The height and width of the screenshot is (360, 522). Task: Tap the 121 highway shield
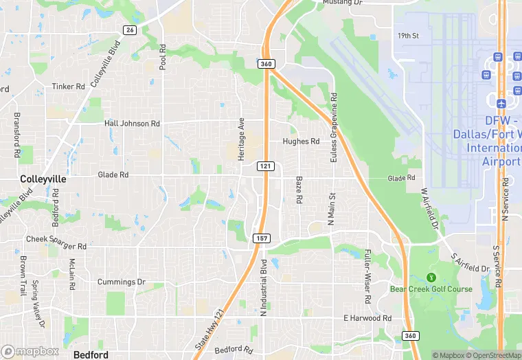(266, 166)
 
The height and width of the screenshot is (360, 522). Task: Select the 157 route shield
(260, 238)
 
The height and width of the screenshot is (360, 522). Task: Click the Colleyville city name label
(43, 179)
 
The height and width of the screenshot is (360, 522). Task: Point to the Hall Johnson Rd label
(132, 124)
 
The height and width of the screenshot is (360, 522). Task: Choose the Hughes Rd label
(301, 142)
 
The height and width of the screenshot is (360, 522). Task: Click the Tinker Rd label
(69, 87)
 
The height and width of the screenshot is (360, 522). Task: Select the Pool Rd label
(163, 58)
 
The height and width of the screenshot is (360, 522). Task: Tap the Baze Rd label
(299, 190)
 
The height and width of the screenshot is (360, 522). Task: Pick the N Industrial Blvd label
(263, 287)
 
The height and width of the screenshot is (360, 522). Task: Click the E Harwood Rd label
(367, 319)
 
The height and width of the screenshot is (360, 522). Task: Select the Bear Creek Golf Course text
(431, 289)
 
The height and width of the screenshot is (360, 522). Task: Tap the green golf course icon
(431, 277)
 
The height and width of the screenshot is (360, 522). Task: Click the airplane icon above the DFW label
(501, 102)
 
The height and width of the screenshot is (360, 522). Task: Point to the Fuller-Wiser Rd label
(368, 277)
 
